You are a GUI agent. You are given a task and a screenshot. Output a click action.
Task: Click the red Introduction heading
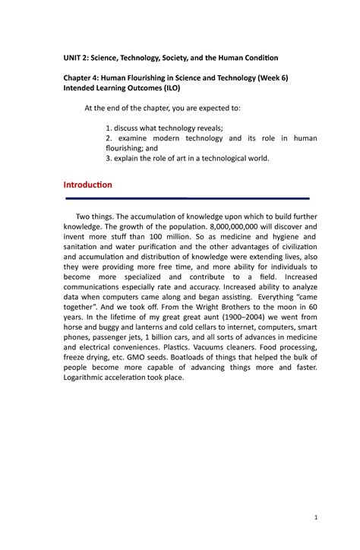click(x=88, y=185)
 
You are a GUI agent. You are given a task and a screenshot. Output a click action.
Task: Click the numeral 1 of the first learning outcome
click(x=109, y=127)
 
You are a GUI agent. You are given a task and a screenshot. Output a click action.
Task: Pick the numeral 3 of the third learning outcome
click(x=109, y=159)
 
